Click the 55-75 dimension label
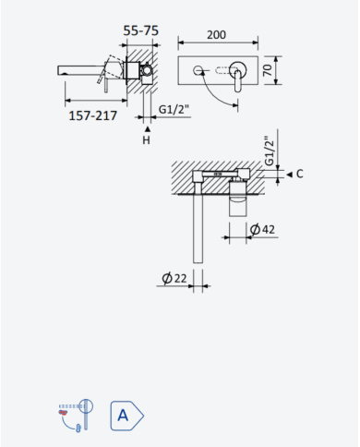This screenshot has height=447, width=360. tap(141, 30)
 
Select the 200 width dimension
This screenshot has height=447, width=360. tap(216, 35)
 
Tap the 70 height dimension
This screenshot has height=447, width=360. tap(268, 70)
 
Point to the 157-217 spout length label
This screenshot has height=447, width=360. tap(93, 115)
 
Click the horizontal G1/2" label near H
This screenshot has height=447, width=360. tap(174, 109)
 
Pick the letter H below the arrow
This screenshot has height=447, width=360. tap(147, 140)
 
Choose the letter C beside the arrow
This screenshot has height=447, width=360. tap(300, 174)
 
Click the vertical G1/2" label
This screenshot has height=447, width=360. tap(269, 151)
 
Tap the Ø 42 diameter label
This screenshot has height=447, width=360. tap(262, 229)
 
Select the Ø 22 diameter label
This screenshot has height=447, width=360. tap(174, 278)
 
